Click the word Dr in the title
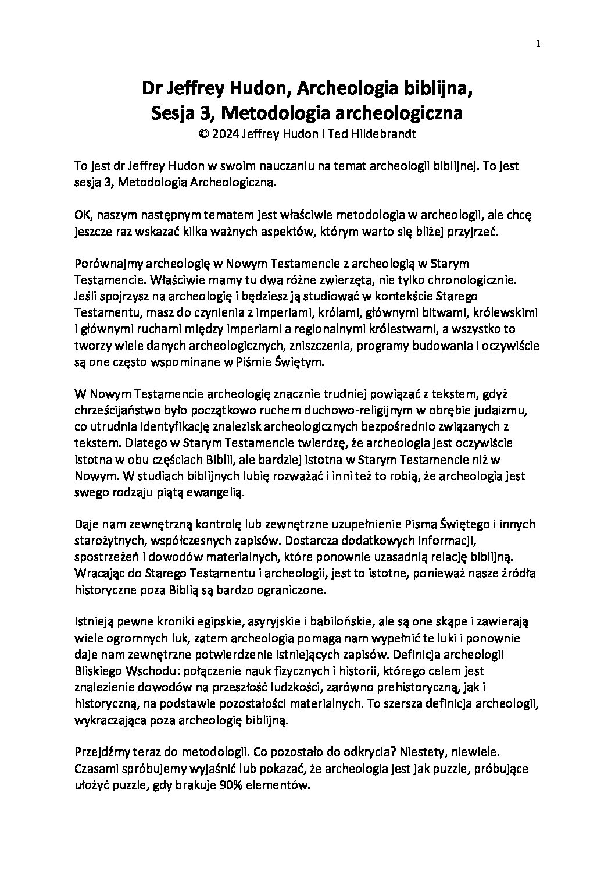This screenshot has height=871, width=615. pyautogui.click(x=153, y=89)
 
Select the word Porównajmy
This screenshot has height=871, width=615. pyautogui.click(x=106, y=263)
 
